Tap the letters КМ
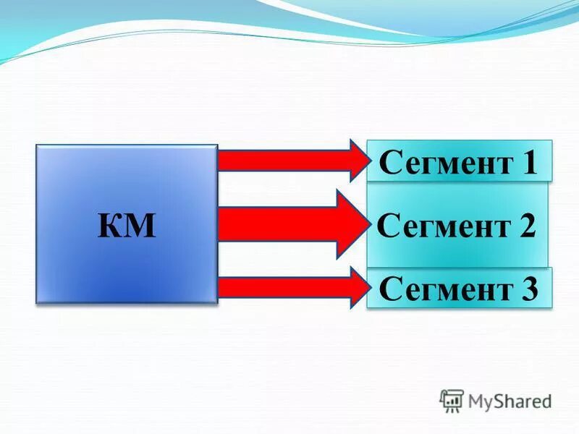point(127,226)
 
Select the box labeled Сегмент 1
point(459,161)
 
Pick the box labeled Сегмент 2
point(457,226)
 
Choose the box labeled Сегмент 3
point(459,289)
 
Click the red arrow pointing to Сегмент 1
point(289,160)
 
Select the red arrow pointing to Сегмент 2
point(289,225)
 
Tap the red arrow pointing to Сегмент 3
point(289,288)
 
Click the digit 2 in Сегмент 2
point(526,226)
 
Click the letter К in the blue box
point(110,226)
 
